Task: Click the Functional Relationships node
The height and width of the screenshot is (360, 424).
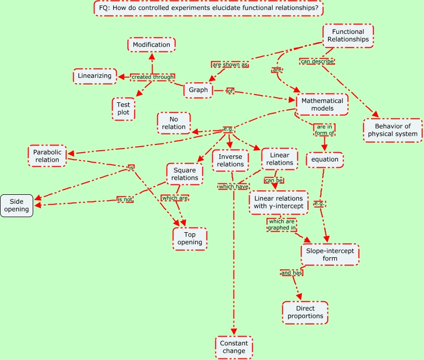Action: tap(348, 36)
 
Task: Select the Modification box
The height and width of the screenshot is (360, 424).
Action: tap(152, 45)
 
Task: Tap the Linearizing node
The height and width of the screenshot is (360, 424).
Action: tap(94, 76)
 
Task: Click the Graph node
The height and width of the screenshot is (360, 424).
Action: tap(198, 90)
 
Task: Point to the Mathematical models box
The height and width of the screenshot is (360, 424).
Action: tap(322, 105)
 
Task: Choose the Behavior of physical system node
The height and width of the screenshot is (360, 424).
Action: tap(392, 130)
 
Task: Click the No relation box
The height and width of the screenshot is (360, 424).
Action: tap(174, 123)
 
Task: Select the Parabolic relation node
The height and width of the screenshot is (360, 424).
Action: tap(47, 156)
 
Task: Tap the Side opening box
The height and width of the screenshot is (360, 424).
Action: tap(17, 205)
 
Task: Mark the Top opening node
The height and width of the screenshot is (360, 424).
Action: tap(190, 238)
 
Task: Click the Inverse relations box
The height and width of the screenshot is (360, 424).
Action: tap(230, 161)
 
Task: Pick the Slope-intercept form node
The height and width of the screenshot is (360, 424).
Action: tap(330, 254)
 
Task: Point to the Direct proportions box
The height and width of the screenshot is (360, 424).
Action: tap(305, 312)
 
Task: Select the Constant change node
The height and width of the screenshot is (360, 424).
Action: tap(234, 347)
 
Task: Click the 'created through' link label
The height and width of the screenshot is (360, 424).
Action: tap(152, 77)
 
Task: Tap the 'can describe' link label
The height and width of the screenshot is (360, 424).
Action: tap(317, 61)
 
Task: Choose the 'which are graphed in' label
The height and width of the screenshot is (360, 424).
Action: tap(282, 224)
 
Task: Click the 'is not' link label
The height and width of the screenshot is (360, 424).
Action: tap(125, 199)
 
